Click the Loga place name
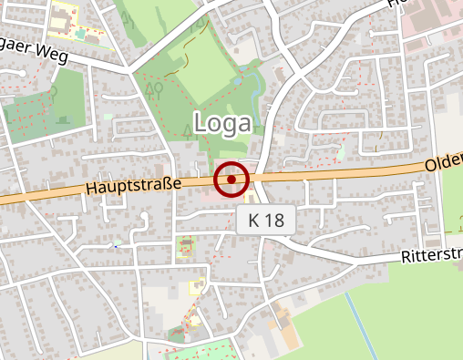[223, 122]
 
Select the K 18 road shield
[266, 220]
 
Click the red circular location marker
[231, 180]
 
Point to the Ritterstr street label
[430, 255]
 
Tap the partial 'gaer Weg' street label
[36, 52]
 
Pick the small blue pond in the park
[239, 81]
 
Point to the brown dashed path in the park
[180, 62]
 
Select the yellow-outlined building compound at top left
[64, 18]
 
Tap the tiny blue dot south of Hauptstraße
[116, 244]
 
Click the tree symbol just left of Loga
[189, 129]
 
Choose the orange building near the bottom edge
[285, 329]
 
